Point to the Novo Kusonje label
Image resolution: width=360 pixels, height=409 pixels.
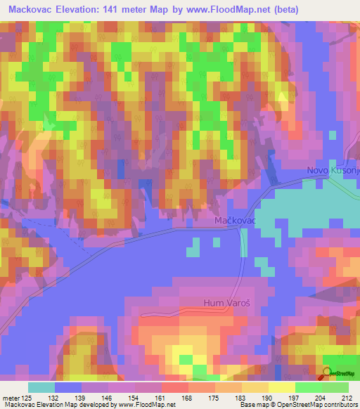click(333, 171)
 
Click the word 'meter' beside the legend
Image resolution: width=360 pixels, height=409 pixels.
click(15, 398)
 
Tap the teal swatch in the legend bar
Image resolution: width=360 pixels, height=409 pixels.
click(41, 387)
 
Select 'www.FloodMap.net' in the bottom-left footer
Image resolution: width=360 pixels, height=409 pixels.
click(148, 405)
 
